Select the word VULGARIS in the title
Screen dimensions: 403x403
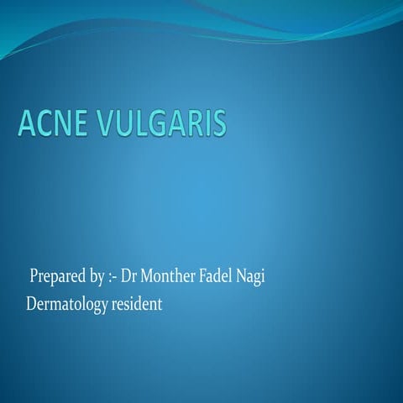tap(163, 123)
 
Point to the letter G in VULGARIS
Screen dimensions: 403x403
tap(161, 123)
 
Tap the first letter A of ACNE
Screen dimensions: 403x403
tap(27, 123)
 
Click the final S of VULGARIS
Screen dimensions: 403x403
tap(218, 123)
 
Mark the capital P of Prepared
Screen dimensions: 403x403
tap(34, 276)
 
